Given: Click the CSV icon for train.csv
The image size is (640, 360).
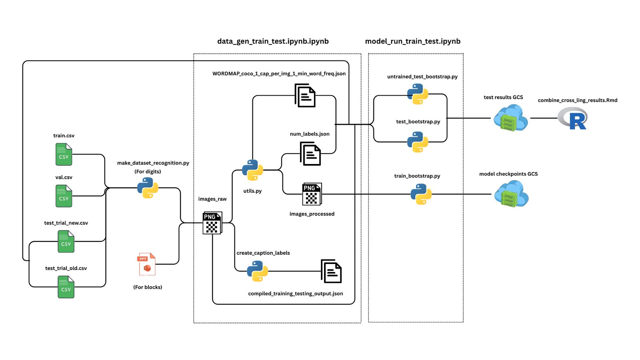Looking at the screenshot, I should pos(64,154).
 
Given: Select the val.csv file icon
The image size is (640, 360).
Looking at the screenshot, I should pos(64,196).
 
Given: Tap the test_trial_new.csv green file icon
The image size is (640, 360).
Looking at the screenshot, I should pos(66,242).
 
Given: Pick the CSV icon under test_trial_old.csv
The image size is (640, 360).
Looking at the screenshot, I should pos(66,287).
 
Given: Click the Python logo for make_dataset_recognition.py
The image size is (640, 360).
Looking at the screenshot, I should pos(148,188).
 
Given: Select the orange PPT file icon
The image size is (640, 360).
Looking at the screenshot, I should pos(147,264).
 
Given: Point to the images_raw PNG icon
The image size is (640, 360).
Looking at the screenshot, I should pos(212,223).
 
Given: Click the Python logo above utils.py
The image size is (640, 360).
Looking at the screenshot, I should pos(252,170).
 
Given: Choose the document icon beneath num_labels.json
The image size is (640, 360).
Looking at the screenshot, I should pos(310,154).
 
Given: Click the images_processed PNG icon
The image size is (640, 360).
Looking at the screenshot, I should pos(312,194).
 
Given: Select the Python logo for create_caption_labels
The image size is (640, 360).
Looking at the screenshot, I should pos(257,271).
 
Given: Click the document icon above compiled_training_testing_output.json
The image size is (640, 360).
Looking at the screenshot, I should pos(331,271).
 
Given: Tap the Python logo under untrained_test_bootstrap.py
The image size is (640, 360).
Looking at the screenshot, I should pos(418,94).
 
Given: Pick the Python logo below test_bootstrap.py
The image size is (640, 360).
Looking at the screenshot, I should pos(418,142).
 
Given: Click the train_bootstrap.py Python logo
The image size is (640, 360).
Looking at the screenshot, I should pos(421,194).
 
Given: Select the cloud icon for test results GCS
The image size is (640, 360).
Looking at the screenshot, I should pos(510,118).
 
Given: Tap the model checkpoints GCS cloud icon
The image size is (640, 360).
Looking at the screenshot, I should pos(511,194).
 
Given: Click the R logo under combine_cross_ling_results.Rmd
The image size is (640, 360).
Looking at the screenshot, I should pos(573,119).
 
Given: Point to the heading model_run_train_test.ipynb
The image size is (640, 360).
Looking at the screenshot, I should pos(412,41).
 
